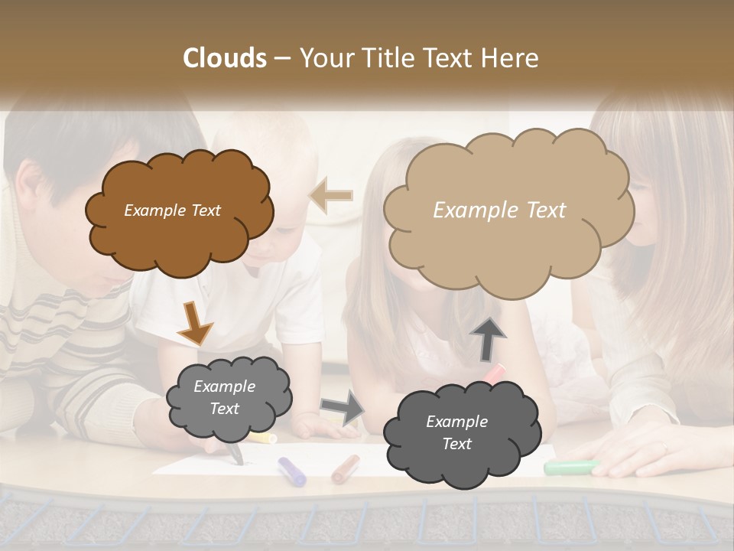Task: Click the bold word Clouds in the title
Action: (x=225, y=58)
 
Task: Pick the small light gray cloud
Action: (x=228, y=398)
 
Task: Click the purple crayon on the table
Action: (x=291, y=471)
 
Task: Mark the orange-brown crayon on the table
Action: (x=346, y=468)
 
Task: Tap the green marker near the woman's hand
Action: (x=570, y=466)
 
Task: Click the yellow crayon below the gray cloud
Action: (x=262, y=438)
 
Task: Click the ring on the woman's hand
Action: (x=664, y=448)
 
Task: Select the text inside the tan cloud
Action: (x=499, y=210)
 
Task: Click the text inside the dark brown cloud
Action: (x=172, y=210)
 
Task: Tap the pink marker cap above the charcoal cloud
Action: (x=495, y=373)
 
